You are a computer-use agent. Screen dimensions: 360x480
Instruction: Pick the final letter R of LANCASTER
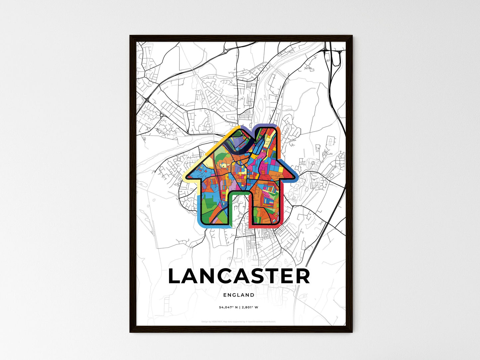[302, 276]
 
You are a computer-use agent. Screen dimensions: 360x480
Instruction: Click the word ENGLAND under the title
[239, 295]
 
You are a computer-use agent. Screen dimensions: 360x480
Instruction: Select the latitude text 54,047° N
[229, 307]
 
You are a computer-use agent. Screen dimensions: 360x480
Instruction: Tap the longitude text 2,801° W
[250, 307]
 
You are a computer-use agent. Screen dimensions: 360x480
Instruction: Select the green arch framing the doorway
[239, 193]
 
